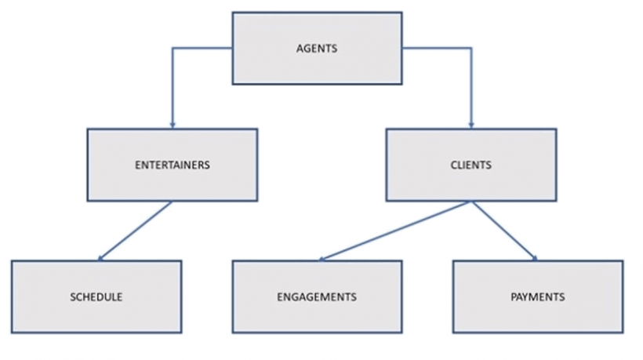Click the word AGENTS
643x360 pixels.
[x=317, y=49]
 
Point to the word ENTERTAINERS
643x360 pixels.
[x=172, y=165]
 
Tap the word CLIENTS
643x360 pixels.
[x=471, y=165]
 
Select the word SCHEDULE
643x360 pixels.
[x=96, y=297]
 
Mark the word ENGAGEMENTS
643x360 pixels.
[x=317, y=297]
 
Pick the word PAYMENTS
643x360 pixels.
[x=538, y=297]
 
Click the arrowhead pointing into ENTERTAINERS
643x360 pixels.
[x=172, y=125]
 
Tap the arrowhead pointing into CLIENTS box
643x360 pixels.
[x=471, y=125]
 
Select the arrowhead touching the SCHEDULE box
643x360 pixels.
[x=100, y=257]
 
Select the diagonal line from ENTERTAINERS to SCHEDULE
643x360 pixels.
[x=135, y=230]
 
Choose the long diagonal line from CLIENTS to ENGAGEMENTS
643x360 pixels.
[x=396, y=230]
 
